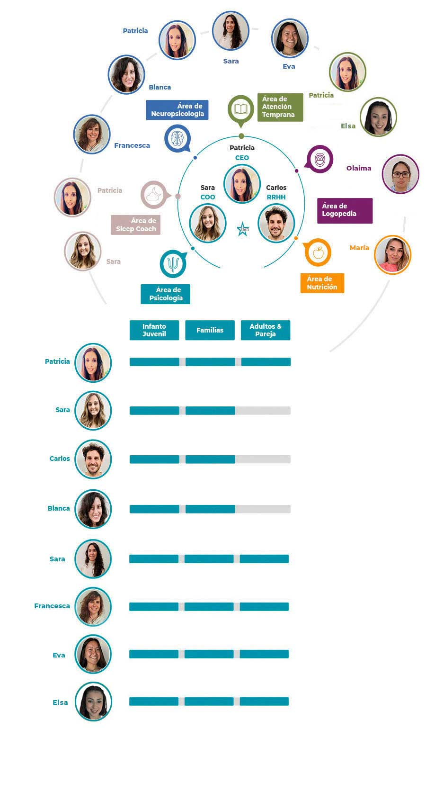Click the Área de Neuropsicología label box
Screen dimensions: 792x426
pos(177,110)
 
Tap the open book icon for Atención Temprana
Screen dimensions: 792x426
pos(241,109)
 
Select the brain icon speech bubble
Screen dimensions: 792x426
pos(177,138)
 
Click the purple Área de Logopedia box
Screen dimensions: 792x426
pos(345,210)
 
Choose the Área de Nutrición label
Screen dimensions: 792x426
pos(322,283)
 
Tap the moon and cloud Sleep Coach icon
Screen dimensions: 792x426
pos(154,194)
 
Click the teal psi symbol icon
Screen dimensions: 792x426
pos(173,263)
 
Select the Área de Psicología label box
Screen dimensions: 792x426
pos(166,294)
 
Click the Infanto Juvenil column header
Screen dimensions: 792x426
pos(154,330)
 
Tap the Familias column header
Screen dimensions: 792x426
pos(210,330)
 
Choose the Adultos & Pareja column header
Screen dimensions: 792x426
pos(265,330)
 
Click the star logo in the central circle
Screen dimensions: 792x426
pos(243,229)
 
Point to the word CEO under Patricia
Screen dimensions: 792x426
pos(242,158)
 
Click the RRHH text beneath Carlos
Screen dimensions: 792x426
pos(276,197)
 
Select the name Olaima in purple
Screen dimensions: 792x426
pos(359,168)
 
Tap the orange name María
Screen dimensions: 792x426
pos(359,248)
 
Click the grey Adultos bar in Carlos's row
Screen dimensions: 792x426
pos(263,459)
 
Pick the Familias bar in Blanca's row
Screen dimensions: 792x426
pos(210,509)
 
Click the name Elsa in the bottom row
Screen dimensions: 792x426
pos(60,702)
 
